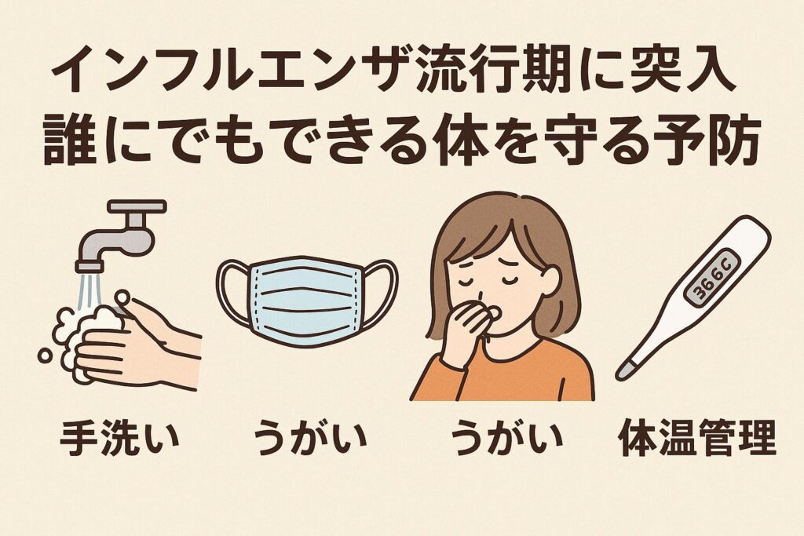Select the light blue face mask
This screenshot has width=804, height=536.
(307, 301)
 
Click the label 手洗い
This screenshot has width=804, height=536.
(120, 439)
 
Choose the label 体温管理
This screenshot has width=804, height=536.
(697, 439)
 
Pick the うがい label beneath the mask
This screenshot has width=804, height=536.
(311, 439)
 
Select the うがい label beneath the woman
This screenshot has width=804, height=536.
(507, 439)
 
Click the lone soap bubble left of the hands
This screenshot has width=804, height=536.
(45, 356)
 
